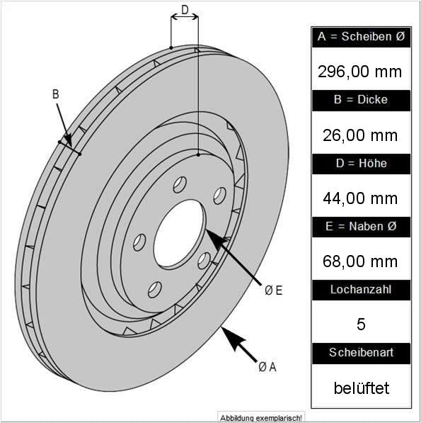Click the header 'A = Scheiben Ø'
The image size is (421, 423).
[361, 36]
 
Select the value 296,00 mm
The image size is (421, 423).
[359, 72]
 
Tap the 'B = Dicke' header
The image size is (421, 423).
[361, 99]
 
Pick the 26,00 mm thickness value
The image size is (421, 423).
[360, 135]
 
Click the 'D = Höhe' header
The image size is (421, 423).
[361, 163]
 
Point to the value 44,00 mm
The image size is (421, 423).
[360, 198]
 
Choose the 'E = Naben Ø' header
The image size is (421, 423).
[361, 226]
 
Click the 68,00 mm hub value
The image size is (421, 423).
[360, 261]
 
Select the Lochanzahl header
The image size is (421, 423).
[361, 290]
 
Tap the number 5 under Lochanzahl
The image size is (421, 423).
[361, 325]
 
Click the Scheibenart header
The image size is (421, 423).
[361, 353]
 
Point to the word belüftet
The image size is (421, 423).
[362, 388]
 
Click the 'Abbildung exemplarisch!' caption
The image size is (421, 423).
[261, 418]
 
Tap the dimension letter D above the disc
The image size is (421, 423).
[185, 10]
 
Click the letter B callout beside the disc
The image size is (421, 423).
[55, 94]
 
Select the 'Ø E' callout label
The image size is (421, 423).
[273, 291]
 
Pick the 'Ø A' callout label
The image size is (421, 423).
[267, 367]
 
